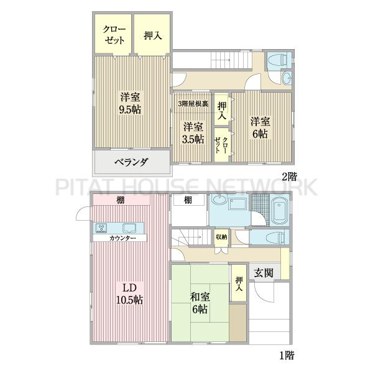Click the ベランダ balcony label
[x=131, y=162]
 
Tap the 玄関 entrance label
[x=264, y=273]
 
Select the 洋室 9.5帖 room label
[x=130, y=103]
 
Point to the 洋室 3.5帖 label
[x=193, y=133]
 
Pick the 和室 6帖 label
[x=200, y=303]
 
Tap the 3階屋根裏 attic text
[x=193, y=104]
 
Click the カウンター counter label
[x=122, y=238]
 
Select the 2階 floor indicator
[x=289, y=177]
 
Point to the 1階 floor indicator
[x=287, y=355]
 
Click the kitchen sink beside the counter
[x=130, y=228]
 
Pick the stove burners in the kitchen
[x=101, y=228]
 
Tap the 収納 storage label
[x=221, y=237]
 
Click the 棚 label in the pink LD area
[x=120, y=200]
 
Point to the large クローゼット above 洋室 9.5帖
[x=113, y=34]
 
